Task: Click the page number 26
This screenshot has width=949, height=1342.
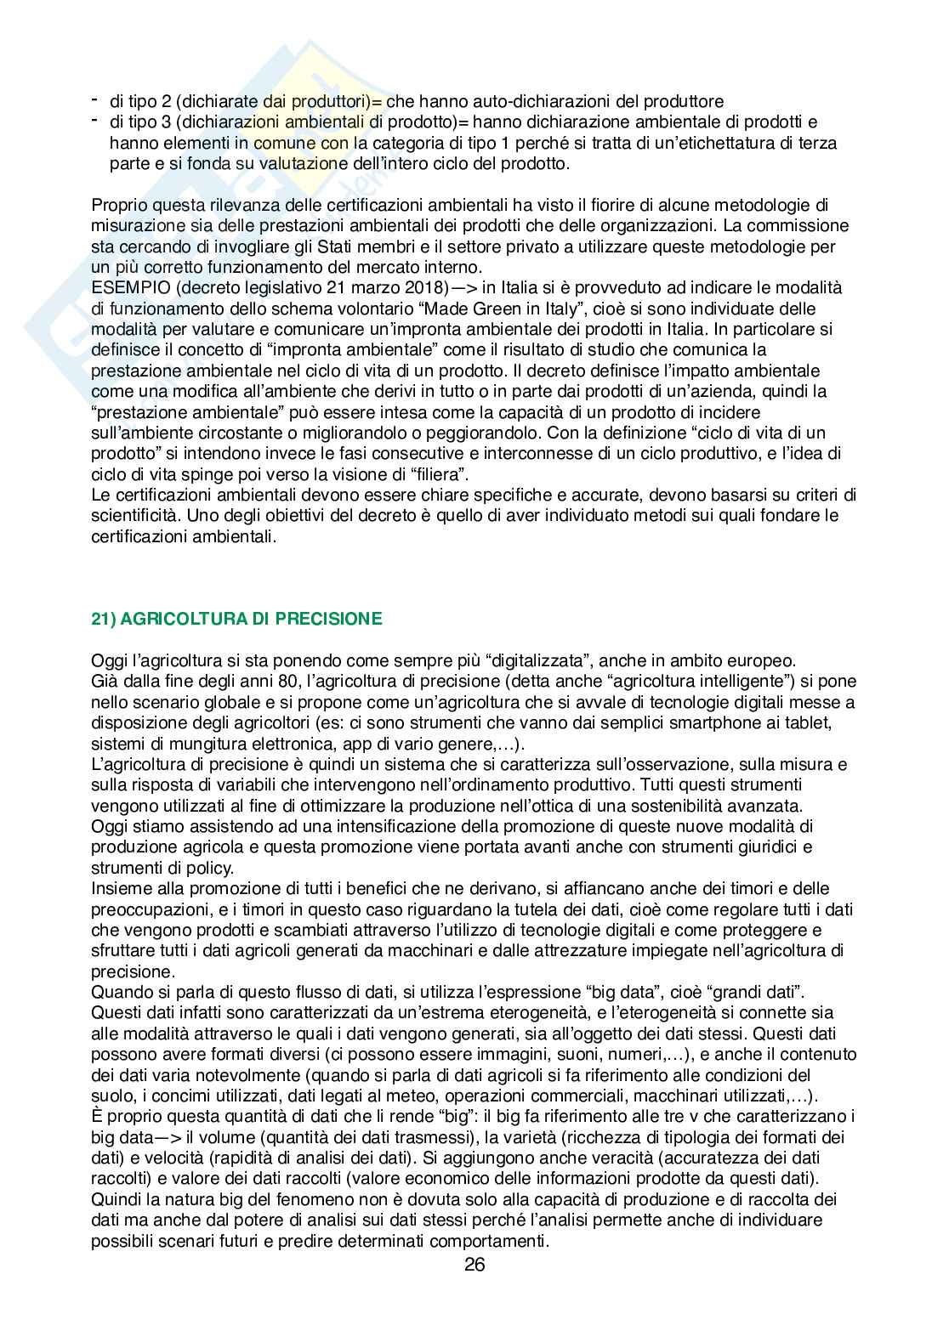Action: coord(474,1264)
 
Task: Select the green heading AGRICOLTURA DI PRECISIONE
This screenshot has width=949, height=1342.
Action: coord(236,619)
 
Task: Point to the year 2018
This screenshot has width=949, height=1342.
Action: coord(425,287)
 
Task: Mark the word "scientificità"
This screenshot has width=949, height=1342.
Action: coord(139,515)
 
